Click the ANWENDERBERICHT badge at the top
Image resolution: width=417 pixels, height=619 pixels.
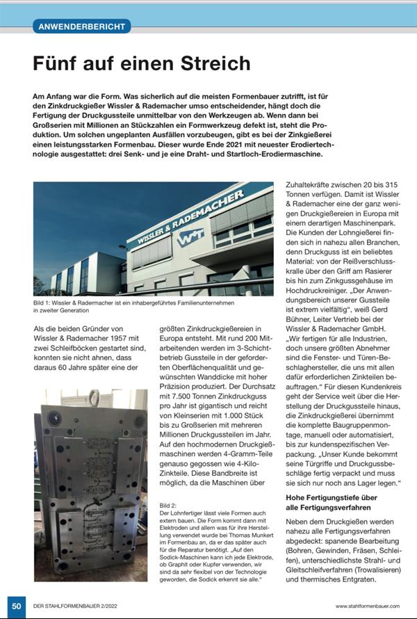tap(81, 27)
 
